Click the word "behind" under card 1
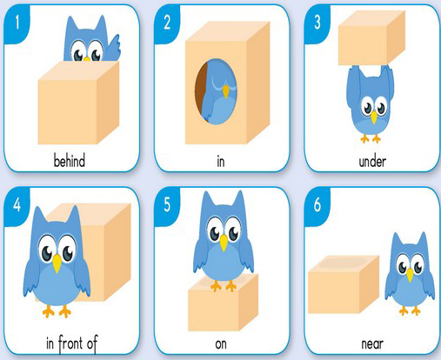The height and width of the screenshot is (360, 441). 70,161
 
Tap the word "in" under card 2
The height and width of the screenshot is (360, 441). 221,162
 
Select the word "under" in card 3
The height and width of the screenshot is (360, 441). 372,162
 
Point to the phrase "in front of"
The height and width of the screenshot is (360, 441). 72,343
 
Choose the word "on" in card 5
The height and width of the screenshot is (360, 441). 221,344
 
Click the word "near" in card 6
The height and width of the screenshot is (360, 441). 372,344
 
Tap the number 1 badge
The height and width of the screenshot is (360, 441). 17,23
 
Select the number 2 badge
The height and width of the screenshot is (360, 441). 167,23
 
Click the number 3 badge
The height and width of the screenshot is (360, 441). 317,23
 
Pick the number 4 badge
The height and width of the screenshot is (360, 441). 17,205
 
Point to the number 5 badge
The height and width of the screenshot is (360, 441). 167,205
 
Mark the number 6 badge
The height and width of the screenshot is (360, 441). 317,205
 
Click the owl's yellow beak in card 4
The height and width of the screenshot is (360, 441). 57,263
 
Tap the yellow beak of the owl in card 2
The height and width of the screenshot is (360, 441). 225,91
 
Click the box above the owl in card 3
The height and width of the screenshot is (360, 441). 371,37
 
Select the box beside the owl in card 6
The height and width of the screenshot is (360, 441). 344,284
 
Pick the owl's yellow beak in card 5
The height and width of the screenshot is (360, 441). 224,243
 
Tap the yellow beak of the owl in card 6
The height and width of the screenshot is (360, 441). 410,275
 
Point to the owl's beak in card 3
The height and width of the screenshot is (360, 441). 374,117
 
